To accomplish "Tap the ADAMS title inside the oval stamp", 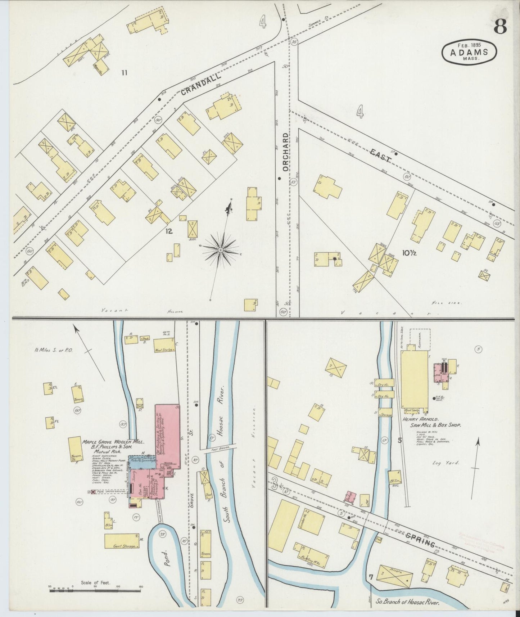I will click(469, 52).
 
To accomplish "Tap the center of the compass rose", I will click(220, 250).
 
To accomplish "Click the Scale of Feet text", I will click(95, 582).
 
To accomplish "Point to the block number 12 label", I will click(169, 231).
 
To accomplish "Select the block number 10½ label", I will click(409, 253).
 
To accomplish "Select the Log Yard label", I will click(446, 463).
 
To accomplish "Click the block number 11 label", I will click(124, 73).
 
